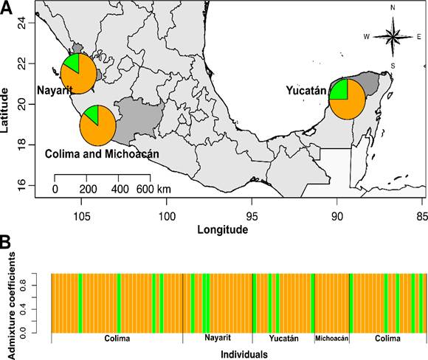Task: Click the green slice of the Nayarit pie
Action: coord(72,63)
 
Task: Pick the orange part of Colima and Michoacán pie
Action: coord(99,129)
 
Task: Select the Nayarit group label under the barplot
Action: coord(217,339)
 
